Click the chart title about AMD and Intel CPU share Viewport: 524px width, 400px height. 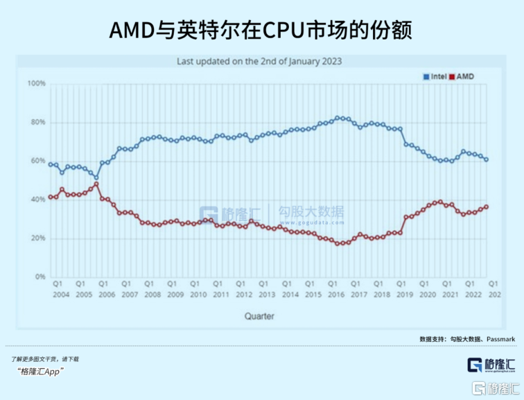click(261, 31)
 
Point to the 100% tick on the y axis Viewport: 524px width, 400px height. click(36, 84)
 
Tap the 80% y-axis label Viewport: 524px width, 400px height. click(37, 123)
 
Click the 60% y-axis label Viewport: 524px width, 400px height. click(37, 162)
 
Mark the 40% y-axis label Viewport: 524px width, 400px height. click(37, 200)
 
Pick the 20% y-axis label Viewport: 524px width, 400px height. click(37, 238)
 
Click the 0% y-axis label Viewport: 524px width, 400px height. click(40, 277)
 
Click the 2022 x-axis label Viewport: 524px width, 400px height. click(470, 295)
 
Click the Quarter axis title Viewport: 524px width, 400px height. click(259, 316)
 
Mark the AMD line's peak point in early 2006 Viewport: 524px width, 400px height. click(96, 184)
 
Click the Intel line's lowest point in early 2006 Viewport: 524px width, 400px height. click(96, 177)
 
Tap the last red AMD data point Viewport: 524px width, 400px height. click(486, 207)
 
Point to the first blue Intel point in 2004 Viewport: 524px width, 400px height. click(51, 164)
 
